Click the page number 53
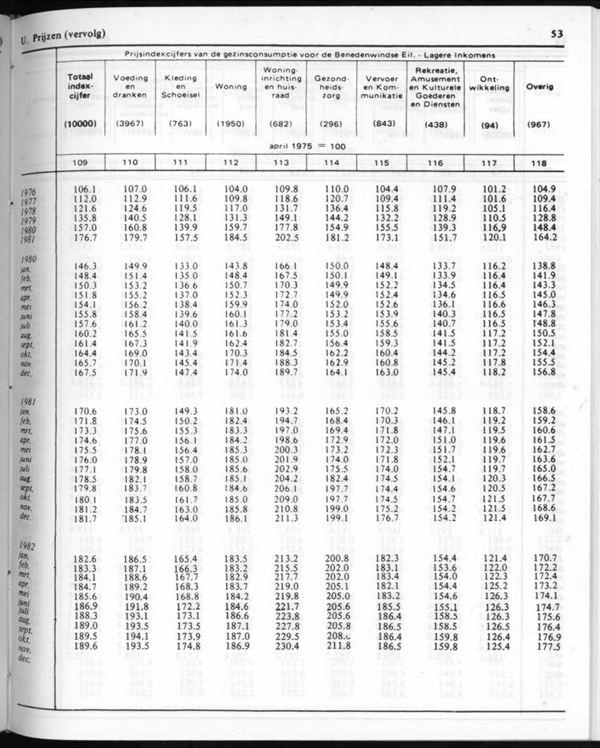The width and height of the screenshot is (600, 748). coord(556,34)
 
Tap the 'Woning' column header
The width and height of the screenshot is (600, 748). coord(231,87)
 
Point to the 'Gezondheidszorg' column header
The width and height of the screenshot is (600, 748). coord(331,86)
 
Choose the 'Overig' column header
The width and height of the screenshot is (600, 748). coord(540,86)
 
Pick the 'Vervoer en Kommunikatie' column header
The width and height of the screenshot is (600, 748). coord(383,86)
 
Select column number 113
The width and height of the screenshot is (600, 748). coord(281,163)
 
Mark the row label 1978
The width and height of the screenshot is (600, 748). coord(29,211)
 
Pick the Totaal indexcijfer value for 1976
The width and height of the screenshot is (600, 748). coord(84,189)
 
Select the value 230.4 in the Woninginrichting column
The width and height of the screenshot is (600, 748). coord(287,646)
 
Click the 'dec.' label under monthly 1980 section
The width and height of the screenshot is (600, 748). coord(25,373)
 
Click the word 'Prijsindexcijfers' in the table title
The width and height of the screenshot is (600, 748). coord(151,54)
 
